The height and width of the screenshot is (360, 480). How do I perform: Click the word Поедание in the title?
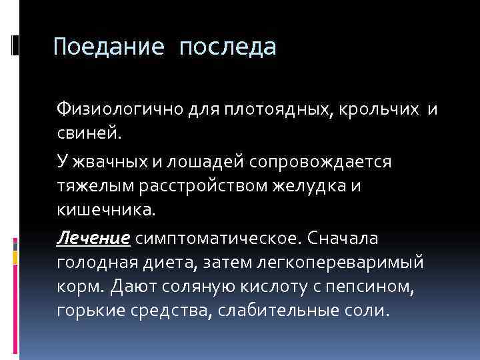point(109,47)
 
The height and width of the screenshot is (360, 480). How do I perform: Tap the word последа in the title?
point(227,47)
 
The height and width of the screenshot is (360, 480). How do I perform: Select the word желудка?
point(316,188)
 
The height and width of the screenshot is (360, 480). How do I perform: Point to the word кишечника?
point(105,212)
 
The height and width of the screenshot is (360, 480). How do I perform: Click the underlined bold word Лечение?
point(95,239)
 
